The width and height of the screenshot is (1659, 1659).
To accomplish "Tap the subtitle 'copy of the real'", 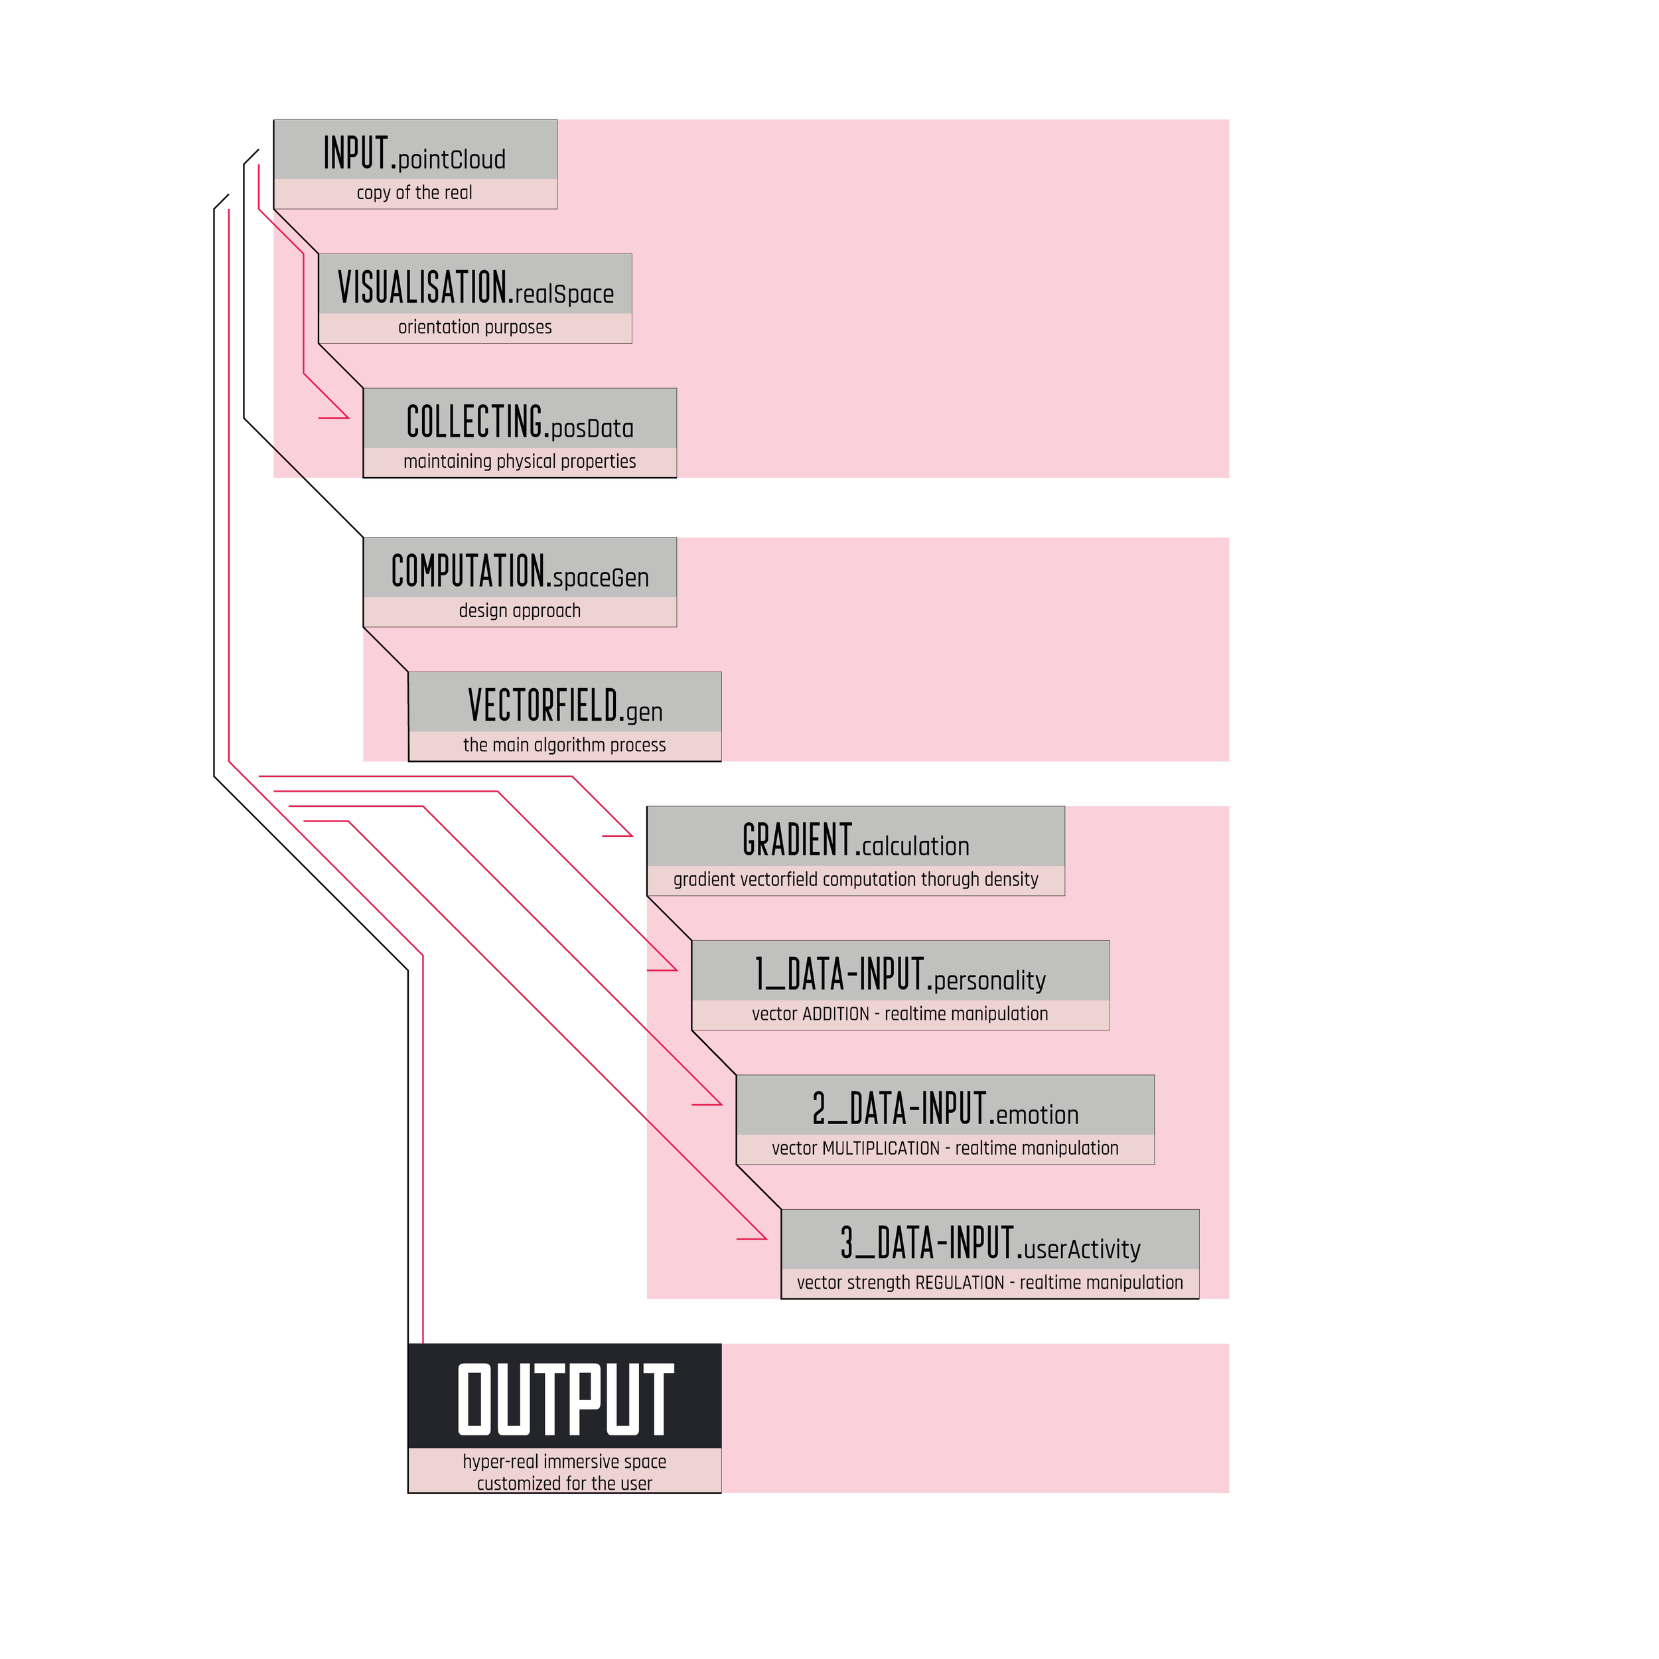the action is click(415, 193).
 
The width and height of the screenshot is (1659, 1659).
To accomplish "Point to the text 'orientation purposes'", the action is click(475, 327).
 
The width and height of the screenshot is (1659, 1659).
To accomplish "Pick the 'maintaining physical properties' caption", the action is click(520, 462).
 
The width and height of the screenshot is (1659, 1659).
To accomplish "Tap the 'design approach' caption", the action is click(520, 611).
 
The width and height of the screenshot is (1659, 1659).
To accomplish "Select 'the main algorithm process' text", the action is click(564, 745).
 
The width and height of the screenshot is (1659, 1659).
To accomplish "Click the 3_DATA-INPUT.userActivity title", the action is click(990, 1244).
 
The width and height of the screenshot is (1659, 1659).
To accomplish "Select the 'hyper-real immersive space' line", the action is click(564, 1461).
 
